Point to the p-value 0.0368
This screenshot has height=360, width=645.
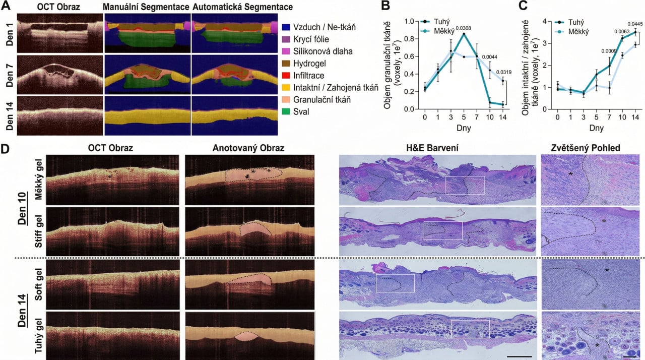coord(463,28)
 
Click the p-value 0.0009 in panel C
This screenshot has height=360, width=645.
coord(609,51)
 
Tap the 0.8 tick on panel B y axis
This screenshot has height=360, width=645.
coord(416,39)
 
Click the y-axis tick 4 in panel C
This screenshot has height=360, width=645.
coord(544,21)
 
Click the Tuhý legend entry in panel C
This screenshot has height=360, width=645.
coord(575,23)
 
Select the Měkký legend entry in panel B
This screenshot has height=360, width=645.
coord(446,31)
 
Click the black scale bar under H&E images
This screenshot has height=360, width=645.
coord(517,356)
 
